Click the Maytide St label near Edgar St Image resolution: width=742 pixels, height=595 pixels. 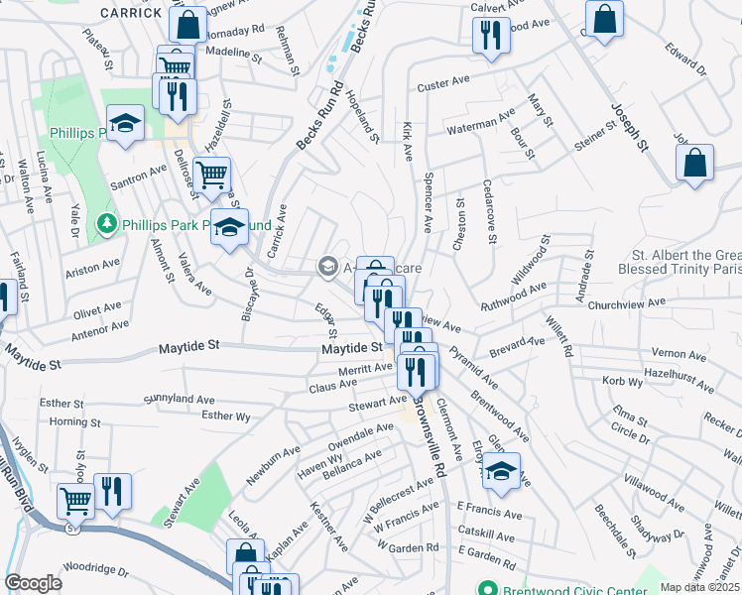click(350, 348)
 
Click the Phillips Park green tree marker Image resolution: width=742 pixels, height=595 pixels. click(108, 225)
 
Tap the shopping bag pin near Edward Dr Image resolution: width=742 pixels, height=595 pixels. click(604, 19)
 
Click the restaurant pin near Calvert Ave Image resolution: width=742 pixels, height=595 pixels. click(490, 36)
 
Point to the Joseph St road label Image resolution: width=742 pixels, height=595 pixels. click(628, 130)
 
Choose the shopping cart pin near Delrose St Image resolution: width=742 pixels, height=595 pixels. click(211, 176)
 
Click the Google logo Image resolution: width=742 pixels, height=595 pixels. click(33, 583)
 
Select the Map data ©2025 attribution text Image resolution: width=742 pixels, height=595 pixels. click(700, 587)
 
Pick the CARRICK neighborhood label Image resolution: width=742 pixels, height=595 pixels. click(131, 13)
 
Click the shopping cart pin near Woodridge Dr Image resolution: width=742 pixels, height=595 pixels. click(74, 501)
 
